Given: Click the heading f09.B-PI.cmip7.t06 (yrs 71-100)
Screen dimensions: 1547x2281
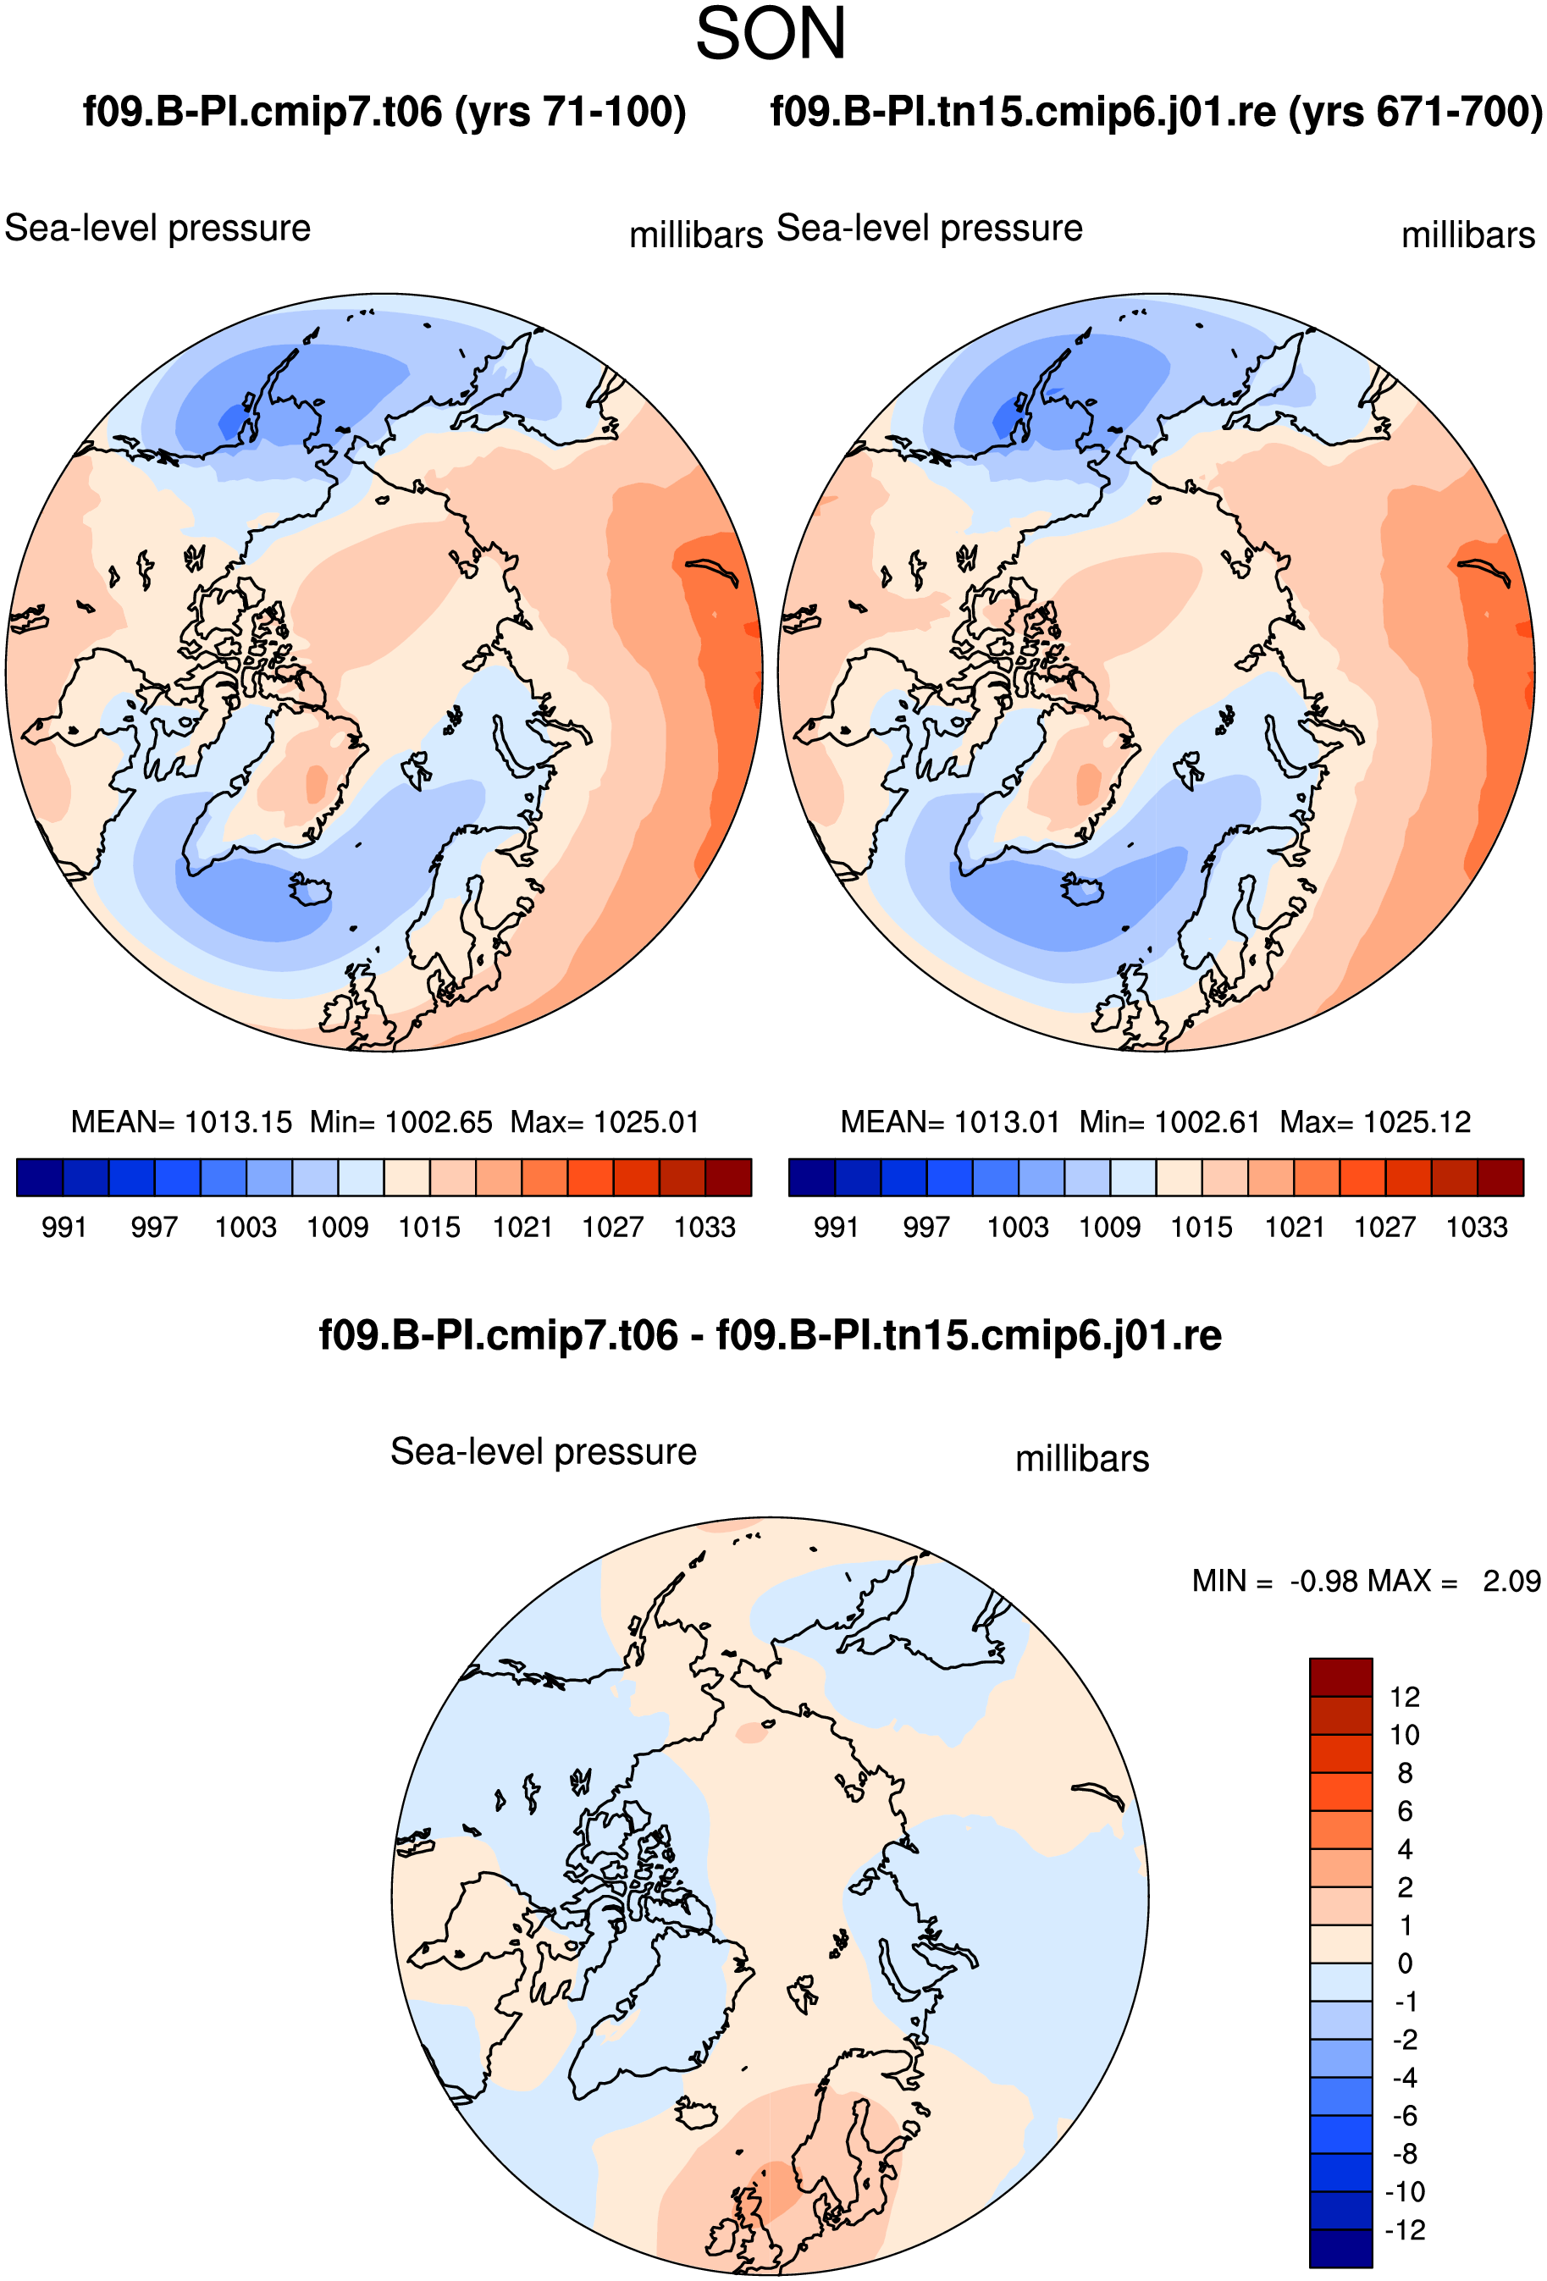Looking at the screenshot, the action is [x=384, y=112].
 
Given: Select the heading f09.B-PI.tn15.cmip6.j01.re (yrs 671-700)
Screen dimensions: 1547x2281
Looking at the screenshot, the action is [x=1157, y=112].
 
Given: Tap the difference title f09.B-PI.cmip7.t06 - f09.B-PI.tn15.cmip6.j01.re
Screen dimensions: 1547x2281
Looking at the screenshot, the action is [x=771, y=1335].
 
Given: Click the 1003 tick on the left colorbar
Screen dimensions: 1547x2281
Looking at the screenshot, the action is [x=246, y=1227].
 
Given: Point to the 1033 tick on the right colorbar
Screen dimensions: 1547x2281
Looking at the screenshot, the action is [x=1477, y=1227].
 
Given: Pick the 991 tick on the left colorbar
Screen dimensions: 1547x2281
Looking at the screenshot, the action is [x=64, y=1227].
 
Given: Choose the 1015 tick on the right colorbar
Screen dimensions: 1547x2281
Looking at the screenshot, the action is [x=1202, y=1227].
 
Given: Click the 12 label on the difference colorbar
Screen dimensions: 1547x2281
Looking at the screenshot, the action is [x=1405, y=1697].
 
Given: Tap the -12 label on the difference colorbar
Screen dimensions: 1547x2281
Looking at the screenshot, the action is [x=1405, y=2230].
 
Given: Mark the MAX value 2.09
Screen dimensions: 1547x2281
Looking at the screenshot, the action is [x=1511, y=1581].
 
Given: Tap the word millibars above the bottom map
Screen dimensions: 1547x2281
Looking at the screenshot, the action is [x=1082, y=1459].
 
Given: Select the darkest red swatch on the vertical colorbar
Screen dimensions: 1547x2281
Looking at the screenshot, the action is [x=1341, y=1677].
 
